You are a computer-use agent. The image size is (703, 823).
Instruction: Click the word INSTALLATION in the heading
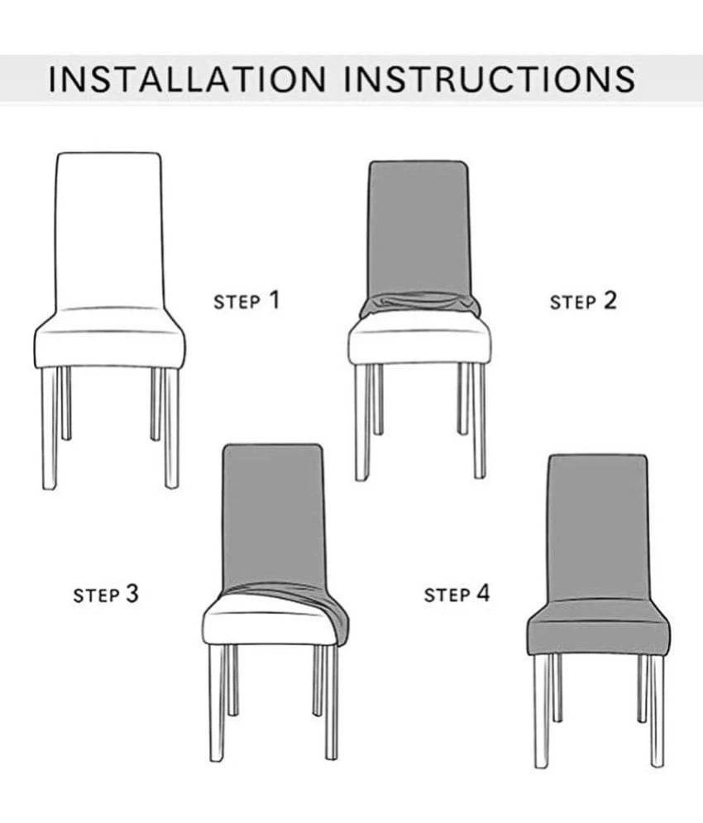[187, 79]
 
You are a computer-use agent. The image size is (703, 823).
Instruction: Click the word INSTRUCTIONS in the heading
[490, 79]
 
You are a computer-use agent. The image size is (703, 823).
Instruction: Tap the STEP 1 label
[246, 301]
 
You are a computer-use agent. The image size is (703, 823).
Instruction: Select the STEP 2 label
[583, 301]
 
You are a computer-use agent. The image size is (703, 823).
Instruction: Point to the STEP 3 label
[106, 594]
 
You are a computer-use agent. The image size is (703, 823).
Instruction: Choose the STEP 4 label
[457, 594]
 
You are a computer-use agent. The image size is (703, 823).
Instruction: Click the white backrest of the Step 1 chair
[108, 231]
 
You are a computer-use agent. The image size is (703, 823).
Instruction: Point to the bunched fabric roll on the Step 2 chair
[419, 305]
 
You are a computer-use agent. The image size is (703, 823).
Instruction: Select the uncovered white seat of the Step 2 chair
[419, 341]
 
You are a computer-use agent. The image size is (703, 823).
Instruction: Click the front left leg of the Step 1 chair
[49, 428]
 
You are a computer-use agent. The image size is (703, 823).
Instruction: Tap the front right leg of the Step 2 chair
[479, 421]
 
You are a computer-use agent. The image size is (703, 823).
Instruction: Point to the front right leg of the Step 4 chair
[658, 711]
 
